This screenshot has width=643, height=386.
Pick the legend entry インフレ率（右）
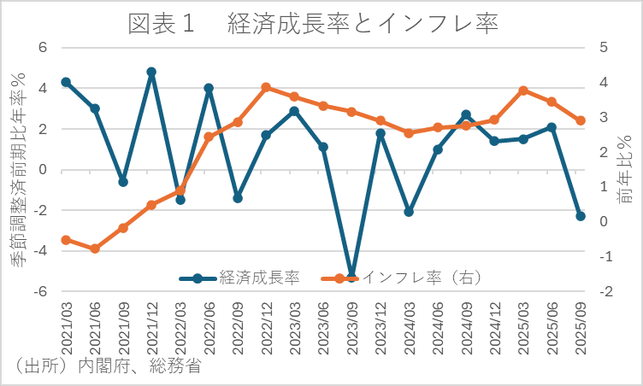coord(420,278)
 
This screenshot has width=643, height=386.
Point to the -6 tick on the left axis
coord(39,291)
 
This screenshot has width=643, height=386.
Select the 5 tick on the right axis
coord(604,48)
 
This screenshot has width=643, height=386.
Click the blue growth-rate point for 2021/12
coord(151,73)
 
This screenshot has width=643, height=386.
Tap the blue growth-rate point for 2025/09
coord(580,216)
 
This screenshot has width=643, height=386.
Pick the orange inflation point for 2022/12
coord(266,87)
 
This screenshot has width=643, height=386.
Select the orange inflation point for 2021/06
coord(95,249)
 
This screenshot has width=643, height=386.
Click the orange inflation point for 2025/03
coord(523,91)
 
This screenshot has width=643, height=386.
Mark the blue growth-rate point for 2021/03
coord(66,82)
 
